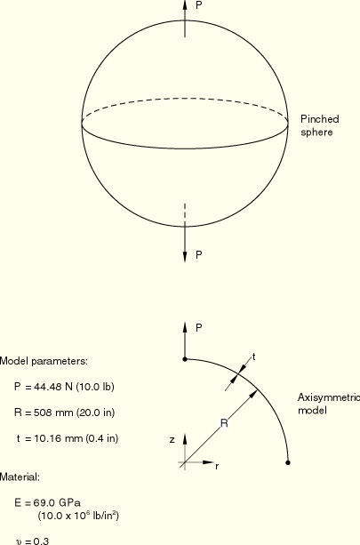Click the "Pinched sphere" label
(320, 125)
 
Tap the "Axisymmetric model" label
(329, 404)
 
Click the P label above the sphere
(199, 5)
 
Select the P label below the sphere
(199, 255)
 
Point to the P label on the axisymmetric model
(199, 328)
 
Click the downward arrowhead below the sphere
(185, 256)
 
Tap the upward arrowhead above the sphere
(185, 4)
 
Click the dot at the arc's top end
(185, 359)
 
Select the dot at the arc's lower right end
(288, 462)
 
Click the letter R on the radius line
(224, 423)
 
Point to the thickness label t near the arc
(254, 357)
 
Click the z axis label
(172, 440)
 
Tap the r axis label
(217, 467)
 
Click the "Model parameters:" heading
(44, 362)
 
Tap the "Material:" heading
(20, 477)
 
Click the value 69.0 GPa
(57, 503)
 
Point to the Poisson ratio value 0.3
(42, 541)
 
